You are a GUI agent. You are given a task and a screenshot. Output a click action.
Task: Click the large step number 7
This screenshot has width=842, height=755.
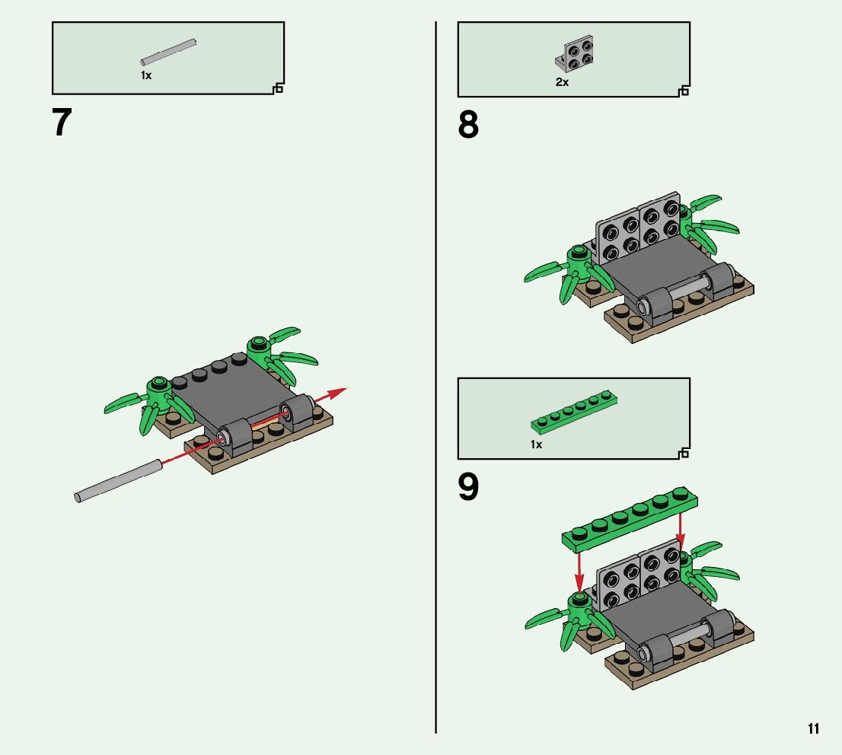62,122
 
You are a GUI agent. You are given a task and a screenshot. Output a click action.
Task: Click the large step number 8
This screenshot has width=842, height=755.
467,125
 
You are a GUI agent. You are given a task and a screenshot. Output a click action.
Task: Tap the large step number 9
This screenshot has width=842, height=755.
467,487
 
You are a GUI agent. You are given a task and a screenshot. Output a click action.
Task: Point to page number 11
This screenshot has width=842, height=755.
813,728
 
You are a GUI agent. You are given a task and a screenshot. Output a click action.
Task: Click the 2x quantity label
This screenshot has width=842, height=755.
563,82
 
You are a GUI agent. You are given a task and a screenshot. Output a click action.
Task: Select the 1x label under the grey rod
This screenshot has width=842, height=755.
146,75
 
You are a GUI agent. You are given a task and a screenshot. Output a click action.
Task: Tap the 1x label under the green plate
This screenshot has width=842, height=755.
536,444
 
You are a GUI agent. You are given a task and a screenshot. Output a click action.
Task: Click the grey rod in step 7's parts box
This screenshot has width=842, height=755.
168,52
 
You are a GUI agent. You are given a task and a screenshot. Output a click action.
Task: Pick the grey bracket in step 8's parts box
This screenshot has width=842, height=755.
574,54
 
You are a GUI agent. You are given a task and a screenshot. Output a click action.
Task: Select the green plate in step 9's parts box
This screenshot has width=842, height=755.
574,411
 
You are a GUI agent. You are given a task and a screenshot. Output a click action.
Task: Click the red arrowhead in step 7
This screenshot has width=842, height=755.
337,393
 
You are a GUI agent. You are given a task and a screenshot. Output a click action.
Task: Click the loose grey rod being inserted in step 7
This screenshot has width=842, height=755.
117,480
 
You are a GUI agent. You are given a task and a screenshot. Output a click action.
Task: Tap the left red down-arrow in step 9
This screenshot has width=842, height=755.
579,572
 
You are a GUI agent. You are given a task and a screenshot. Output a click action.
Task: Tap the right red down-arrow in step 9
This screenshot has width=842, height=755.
681,528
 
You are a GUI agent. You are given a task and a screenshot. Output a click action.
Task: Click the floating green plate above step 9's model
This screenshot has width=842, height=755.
630,520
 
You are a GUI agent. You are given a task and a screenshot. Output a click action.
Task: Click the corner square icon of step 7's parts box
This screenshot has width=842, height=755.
278,88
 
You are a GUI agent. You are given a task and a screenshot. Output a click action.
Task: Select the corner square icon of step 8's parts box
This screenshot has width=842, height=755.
684,91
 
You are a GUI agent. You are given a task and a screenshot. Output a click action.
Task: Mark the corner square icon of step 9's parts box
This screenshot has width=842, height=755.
684,454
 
